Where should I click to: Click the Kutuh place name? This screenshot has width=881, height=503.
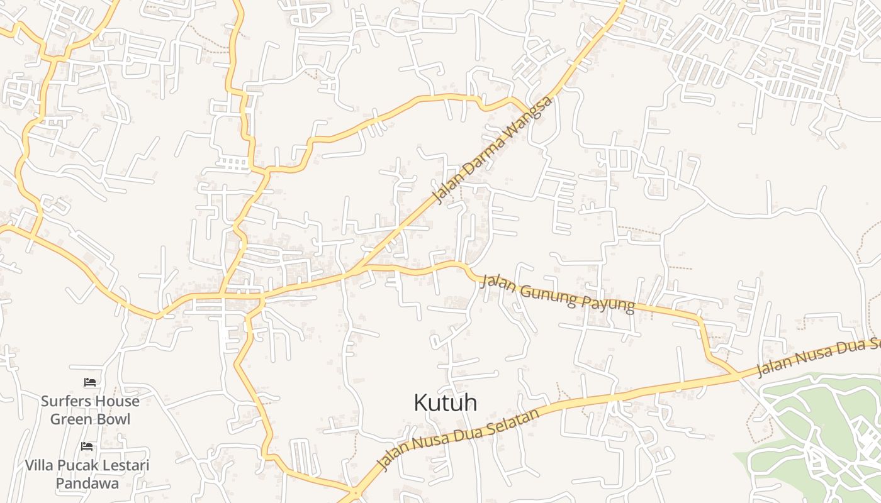click(445, 403)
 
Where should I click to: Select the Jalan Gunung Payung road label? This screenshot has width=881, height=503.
click(558, 293)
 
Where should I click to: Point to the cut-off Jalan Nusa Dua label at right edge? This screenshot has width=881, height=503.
click(818, 357)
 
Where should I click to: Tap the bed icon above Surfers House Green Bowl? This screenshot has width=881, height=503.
click(90, 382)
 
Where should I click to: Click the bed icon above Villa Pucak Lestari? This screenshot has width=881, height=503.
click(87, 446)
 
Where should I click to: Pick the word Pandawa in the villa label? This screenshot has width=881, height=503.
click(87, 484)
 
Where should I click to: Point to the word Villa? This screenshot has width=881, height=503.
click(39, 466)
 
